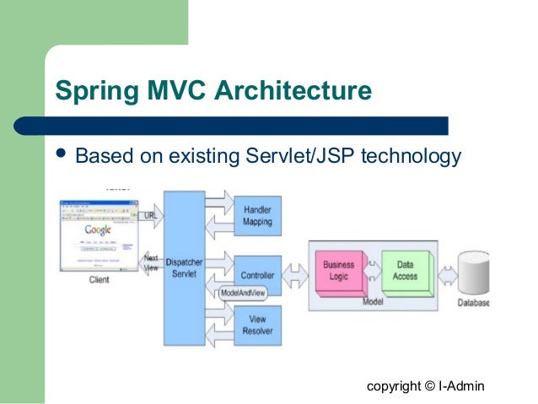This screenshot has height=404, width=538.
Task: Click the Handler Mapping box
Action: [257, 216]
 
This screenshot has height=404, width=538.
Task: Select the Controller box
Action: [257, 276]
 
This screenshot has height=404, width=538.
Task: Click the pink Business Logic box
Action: [339, 271]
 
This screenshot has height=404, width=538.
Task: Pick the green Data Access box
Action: [405, 271]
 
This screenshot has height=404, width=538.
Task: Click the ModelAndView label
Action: [243, 294]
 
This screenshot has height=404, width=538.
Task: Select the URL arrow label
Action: [151, 215]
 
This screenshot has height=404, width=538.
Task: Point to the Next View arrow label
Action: [151, 262]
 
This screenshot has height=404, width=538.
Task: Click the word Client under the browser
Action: [99, 280]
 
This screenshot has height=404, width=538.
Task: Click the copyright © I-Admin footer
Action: [426, 385]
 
